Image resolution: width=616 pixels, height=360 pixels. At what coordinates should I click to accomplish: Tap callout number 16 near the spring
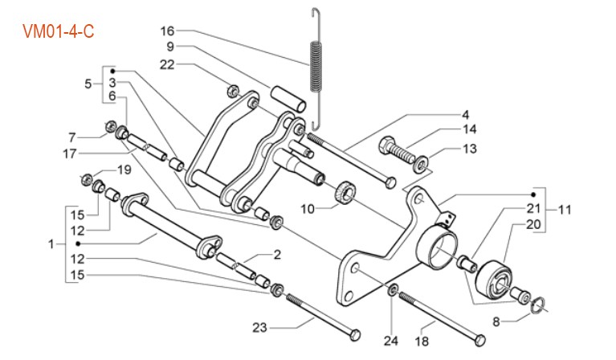(167, 31)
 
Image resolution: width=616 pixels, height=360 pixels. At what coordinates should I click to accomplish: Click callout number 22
(167, 63)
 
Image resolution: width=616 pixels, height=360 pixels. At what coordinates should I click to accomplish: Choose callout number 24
(391, 341)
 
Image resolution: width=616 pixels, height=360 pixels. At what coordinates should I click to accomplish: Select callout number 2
(277, 255)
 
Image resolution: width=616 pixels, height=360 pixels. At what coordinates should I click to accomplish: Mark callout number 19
(124, 170)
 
